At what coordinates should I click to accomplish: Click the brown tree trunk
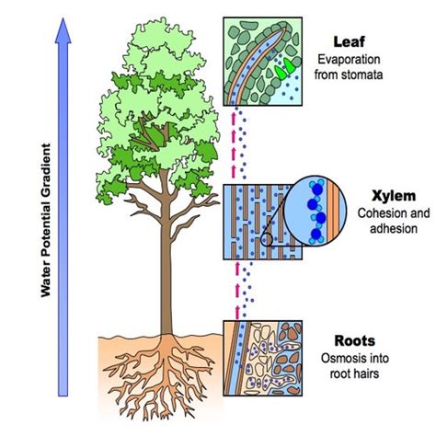pyautogui.click(x=166, y=267)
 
